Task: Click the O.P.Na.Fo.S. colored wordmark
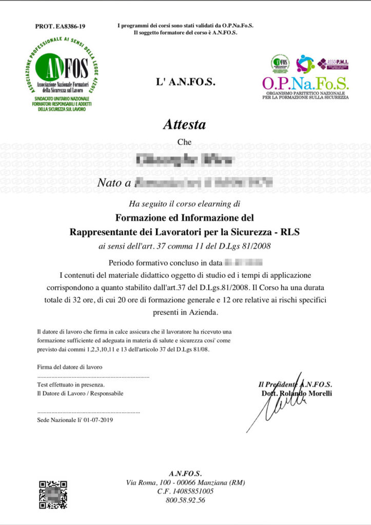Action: tap(305, 83)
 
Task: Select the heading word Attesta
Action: tap(184, 125)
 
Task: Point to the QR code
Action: tap(53, 494)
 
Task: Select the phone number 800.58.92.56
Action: tap(185, 500)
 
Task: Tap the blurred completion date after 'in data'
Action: tap(244, 264)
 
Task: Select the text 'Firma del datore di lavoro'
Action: tap(70, 367)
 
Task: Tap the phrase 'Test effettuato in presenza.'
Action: tap(71, 384)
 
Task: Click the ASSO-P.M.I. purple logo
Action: tap(334, 64)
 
